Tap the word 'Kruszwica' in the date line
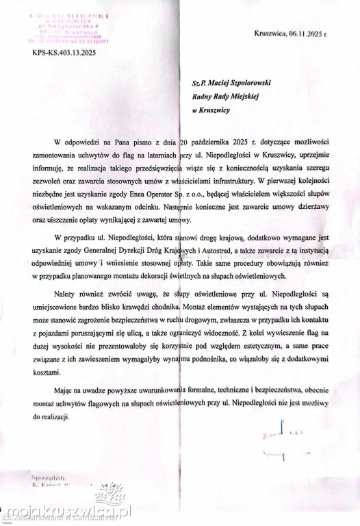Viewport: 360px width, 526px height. [x=271, y=33]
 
